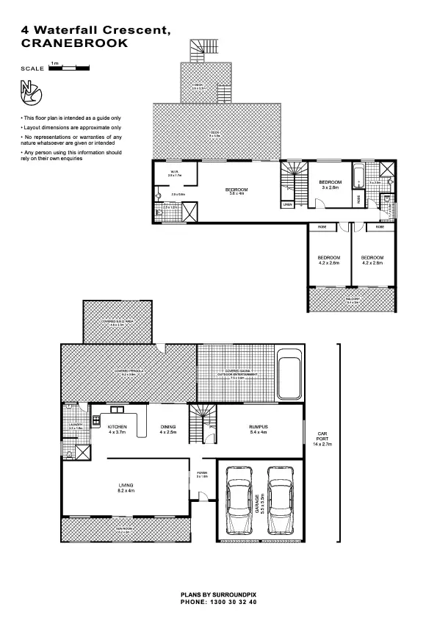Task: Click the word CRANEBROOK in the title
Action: tap(75, 43)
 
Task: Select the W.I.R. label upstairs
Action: tap(173, 173)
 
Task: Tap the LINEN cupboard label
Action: tap(287, 204)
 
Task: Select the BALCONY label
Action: tap(353, 299)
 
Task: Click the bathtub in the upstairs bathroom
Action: tap(359, 177)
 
